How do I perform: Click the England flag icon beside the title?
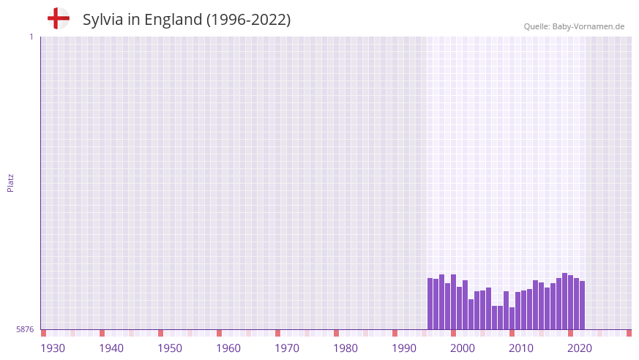coord(58,18)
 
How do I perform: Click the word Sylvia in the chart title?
coord(103,20)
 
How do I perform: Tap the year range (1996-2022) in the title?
coord(248,20)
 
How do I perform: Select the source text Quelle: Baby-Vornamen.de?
coord(574,26)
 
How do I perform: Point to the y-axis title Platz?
coord(10,182)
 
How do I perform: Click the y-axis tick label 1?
coord(31,37)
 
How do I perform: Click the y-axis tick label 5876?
coord(25,330)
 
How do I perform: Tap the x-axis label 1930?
coord(53,348)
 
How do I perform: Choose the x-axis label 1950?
coord(170,348)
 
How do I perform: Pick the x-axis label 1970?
coord(287,348)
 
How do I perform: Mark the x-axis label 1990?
coord(404,348)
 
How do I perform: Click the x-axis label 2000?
coord(463,348)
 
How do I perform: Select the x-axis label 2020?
coord(580,348)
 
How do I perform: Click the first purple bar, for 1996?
coord(430,304)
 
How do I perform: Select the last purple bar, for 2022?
coord(583,305)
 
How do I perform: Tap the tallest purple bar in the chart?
coord(565,301)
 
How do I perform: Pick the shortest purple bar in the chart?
coord(512,318)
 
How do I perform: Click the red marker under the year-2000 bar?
coord(454,333)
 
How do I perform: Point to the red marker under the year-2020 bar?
coord(571,333)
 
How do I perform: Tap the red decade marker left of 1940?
coord(102,333)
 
